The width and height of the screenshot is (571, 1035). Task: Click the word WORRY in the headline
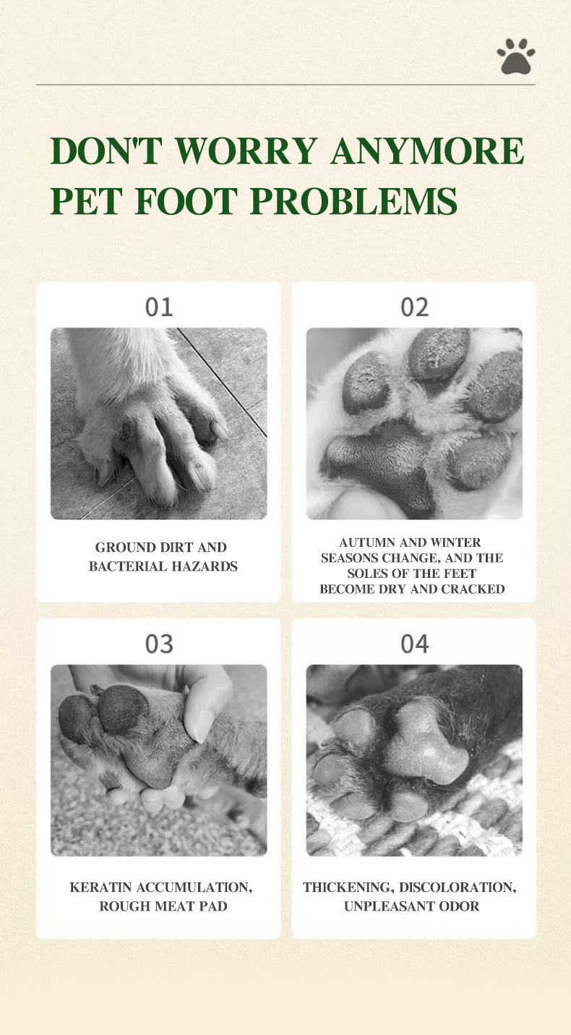point(246,150)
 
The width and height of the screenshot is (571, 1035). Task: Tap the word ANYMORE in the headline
point(427,150)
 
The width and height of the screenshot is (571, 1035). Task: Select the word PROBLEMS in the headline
point(353,201)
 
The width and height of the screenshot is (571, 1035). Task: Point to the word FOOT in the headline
point(186,201)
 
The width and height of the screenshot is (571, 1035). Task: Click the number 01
point(159,307)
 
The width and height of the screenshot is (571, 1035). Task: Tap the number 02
point(415,307)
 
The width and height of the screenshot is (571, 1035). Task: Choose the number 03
point(159,644)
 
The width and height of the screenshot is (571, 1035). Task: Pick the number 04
point(415,644)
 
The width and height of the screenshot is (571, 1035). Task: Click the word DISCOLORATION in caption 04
point(458,887)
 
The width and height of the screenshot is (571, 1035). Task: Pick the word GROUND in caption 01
point(118,547)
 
